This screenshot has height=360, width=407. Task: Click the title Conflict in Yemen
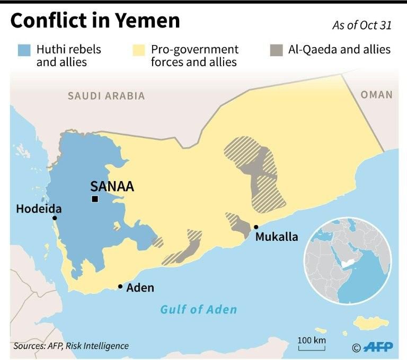(x=95, y=21)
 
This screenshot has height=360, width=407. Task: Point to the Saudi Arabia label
(x=106, y=96)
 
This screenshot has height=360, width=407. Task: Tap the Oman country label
(x=376, y=95)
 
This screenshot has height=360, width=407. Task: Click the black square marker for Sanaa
(x=94, y=199)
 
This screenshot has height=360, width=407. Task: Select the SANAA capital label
(x=112, y=186)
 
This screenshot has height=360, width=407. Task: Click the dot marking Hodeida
(x=54, y=218)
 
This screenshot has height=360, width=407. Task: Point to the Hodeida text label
(x=39, y=208)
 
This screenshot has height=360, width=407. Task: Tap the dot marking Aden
(x=120, y=286)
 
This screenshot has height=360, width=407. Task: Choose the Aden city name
(x=140, y=287)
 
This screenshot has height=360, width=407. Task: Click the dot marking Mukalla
(x=256, y=227)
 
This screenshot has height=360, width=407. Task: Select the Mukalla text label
(x=277, y=237)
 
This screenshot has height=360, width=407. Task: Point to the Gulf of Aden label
(x=199, y=309)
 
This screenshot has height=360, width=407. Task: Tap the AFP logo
(x=378, y=347)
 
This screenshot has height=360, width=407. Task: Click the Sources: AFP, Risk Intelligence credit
(x=71, y=346)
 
